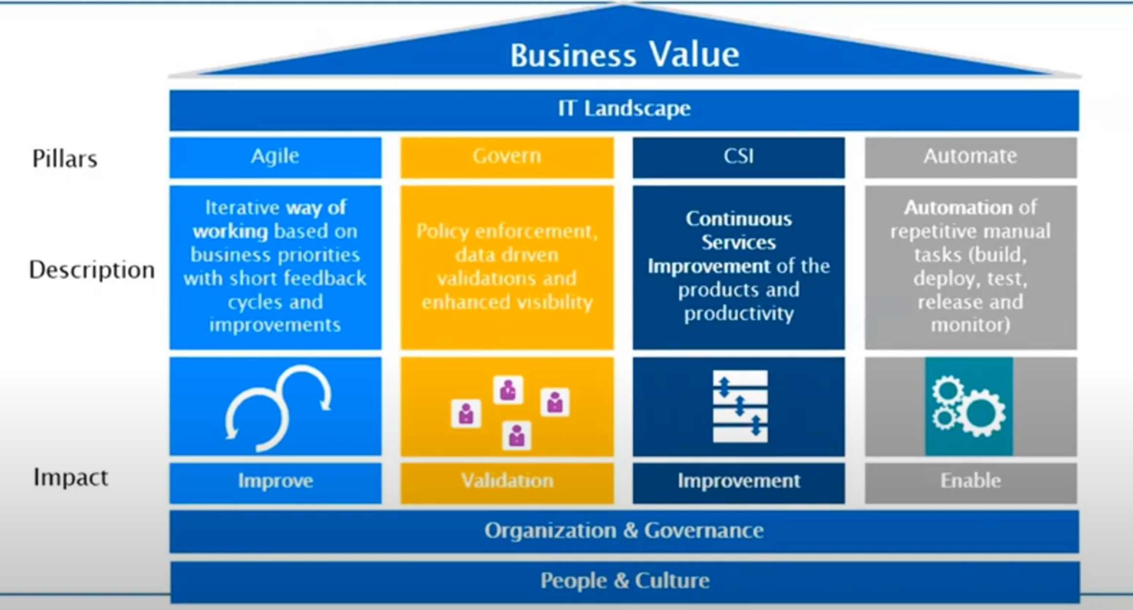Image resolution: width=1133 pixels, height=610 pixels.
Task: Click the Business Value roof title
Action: click(624, 55)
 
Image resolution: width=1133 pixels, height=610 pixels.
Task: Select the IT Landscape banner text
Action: click(624, 109)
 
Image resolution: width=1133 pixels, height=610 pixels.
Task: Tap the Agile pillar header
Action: click(275, 157)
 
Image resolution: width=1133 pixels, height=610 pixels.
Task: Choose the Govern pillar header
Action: click(507, 157)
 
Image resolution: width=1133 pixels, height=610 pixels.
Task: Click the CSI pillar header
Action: click(738, 157)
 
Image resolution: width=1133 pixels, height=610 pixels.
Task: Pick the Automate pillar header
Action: click(970, 157)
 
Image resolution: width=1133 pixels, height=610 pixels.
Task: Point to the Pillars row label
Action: click(65, 159)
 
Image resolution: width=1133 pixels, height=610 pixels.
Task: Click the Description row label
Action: click(92, 270)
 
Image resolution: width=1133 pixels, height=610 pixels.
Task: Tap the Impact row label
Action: click(71, 477)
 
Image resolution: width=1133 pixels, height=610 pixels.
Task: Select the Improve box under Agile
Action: click(275, 481)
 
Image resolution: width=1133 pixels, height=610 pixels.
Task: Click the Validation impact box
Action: click(507, 481)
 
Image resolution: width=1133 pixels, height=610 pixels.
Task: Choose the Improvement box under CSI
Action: click(738, 481)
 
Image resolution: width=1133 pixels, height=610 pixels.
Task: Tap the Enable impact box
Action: click(970, 481)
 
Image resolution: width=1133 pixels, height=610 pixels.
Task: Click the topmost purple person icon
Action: click(508, 390)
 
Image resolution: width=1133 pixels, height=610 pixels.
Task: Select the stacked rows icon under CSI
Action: click(740, 407)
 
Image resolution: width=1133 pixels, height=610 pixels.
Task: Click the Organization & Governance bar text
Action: click(624, 531)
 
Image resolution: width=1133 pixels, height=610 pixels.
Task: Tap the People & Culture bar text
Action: click(624, 581)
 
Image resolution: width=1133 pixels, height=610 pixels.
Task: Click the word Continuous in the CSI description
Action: click(738, 219)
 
